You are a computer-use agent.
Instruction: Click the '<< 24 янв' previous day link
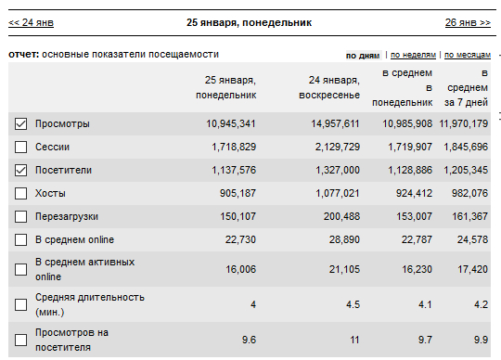[x=31, y=22]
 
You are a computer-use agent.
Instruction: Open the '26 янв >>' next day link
[x=468, y=22]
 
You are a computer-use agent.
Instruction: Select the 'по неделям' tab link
[x=413, y=55]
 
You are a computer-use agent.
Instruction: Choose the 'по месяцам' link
[x=468, y=55]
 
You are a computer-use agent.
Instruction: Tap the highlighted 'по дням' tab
[x=363, y=56]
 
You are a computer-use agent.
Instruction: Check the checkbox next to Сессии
[x=20, y=147]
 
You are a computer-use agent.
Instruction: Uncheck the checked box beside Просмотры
[x=20, y=123]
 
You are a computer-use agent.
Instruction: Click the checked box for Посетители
[x=20, y=170]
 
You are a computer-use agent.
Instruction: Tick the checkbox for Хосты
[x=20, y=193]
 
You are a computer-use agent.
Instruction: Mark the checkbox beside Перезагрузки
[x=20, y=216]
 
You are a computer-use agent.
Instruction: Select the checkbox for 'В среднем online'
[x=20, y=239]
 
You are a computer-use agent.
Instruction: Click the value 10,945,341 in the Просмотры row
[x=231, y=124]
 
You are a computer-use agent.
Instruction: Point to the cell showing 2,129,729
[x=338, y=147]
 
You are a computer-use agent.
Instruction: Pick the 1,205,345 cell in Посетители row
[x=466, y=170]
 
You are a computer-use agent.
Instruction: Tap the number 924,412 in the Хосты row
[x=414, y=193]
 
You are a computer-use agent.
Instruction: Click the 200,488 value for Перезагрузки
[x=341, y=216]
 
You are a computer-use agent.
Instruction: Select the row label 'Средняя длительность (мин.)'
[x=90, y=304]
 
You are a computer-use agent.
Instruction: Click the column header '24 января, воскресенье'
[x=329, y=87]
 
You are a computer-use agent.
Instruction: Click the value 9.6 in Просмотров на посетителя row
[x=249, y=340]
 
